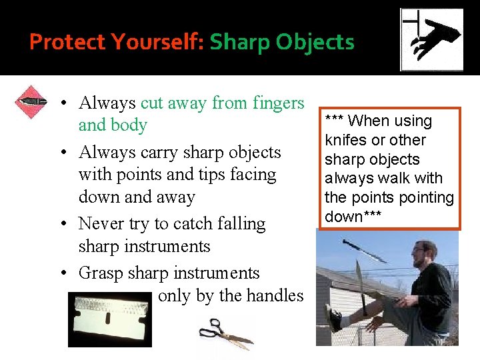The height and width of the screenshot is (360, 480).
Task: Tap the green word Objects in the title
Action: click(x=315, y=42)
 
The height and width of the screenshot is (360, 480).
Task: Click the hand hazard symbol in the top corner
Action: click(x=431, y=39)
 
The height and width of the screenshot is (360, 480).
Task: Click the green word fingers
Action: click(x=278, y=103)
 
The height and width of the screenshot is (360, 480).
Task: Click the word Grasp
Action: click(x=101, y=273)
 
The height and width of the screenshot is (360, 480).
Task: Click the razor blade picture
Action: click(x=110, y=321)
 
